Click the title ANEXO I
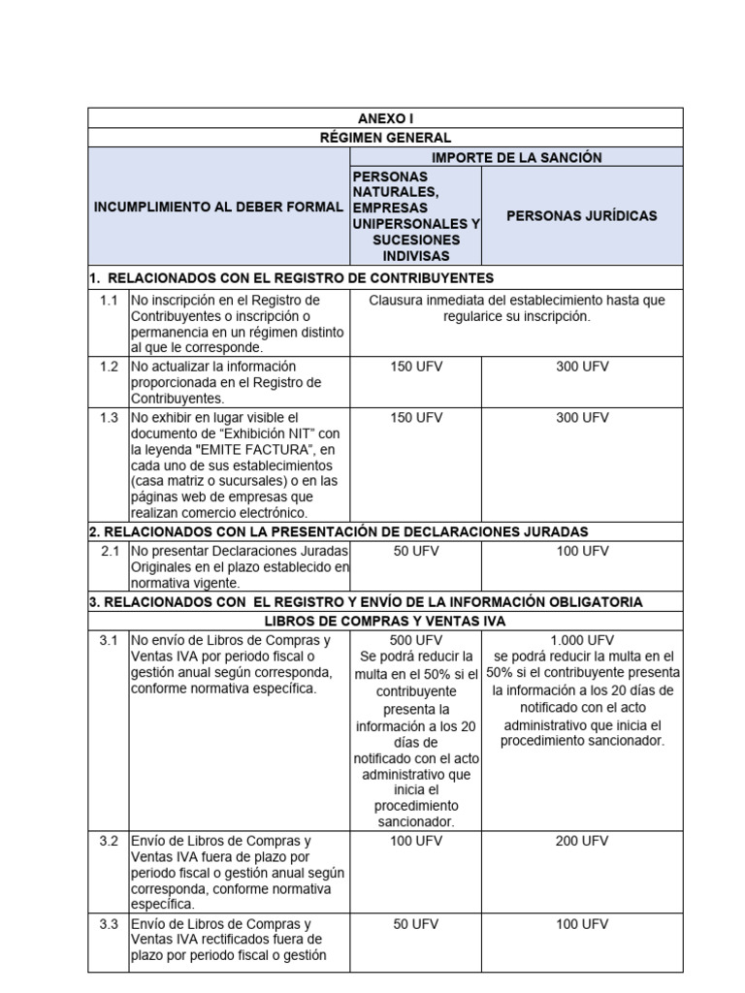click(386, 117)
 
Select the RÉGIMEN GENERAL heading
click(386, 138)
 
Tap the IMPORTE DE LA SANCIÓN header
click(516, 157)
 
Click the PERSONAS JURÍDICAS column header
click(582, 215)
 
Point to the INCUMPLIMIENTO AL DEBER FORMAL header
click(218, 208)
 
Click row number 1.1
click(109, 301)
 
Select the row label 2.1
click(109, 551)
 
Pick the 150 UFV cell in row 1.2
click(415, 367)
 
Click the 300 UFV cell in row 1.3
click(582, 417)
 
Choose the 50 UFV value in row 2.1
click(415, 551)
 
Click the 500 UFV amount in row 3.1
click(415, 640)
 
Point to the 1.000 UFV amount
click(582, 640)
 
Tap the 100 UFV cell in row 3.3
click(582, 924)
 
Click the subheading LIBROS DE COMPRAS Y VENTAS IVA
click(386, 620)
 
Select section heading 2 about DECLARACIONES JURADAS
click(339, 531)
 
